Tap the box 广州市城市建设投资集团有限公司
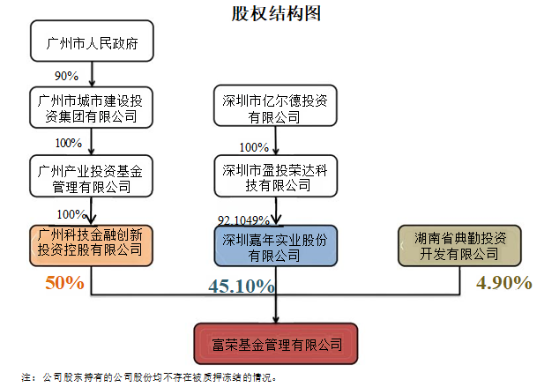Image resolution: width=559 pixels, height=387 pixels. pyautogui.click(x=92, y=107)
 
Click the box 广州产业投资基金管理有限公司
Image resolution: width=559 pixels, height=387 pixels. pyautogui.click(x=92, y=175)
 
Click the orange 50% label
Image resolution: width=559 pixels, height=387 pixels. pyautogui.click(x=64, y=283)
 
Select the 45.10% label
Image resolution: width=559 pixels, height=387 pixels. pyautogui.click(x=241, y=287)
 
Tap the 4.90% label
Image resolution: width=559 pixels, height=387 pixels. pyautogui.click(x=503, y=283)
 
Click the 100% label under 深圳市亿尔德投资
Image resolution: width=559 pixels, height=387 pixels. pyautogui.click(x=254, y=146)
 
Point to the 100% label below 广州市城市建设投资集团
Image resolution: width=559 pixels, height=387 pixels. pyautogui.click(x=69, y=142)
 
